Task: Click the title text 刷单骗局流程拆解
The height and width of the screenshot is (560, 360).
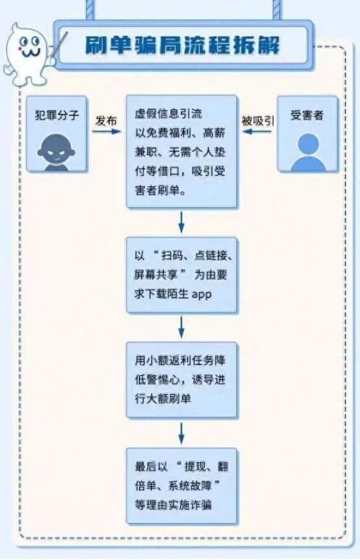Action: (182, 45)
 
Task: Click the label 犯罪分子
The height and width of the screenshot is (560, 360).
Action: (56, 115)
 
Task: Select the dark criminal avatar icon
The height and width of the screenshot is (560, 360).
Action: (56, 153)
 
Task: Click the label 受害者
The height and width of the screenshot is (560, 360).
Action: (307, 115)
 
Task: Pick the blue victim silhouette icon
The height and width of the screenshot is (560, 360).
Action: (308, 153)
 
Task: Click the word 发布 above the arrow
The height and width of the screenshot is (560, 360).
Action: (106, 121)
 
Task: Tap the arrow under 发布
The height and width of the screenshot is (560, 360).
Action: (106, 131)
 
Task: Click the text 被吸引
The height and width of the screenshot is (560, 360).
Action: (258, 121)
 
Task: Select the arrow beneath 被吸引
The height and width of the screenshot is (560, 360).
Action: (257, 131)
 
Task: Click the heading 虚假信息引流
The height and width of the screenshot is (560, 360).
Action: (168, 114)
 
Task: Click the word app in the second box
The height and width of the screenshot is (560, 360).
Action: (202, 295)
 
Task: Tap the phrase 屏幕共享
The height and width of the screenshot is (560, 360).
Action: (156, 275)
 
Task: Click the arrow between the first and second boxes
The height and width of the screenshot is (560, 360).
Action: (181, 222)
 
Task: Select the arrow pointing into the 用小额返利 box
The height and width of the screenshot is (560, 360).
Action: (181, 327)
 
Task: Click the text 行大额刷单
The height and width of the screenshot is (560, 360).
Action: (163, 398)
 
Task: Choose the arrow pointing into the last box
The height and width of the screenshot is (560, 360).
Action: (181, 433)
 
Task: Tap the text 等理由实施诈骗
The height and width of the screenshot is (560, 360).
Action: (173, 505)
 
